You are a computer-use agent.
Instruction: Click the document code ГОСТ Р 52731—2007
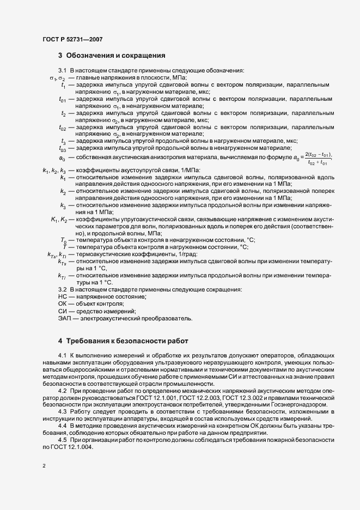(x=72, y=39)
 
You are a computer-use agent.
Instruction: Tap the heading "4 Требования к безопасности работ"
(x=124, y=341)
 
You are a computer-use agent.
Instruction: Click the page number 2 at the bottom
(x=44, y=467)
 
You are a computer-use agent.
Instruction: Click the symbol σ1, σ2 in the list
(x=57, y=78)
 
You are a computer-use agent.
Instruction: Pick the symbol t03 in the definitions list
(x=63, y=148)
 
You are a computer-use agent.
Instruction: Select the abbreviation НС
(x=62, y=296)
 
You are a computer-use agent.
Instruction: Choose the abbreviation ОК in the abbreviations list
(x=62, y=303)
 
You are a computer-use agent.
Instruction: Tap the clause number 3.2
(x=63, y=289)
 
